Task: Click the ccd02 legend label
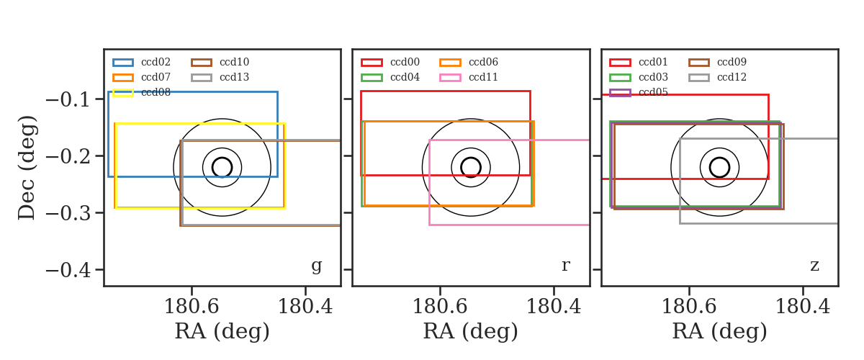(x=156, y=62)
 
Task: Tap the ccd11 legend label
(x=483, y=77)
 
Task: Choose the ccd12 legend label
(x=732, y=77)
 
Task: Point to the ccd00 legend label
(x=405, y=62)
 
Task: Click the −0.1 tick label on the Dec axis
(x=68, y=99)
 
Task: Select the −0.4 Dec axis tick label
(x=68, y=270)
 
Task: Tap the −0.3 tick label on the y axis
(x=68, y=213)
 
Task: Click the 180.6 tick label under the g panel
(x=192, y=307)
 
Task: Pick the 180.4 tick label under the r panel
(x=554, y=307)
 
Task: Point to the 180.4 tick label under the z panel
(x=803, y=307)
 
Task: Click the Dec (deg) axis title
(x=27, y=168)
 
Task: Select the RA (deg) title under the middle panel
(x=471, y=332)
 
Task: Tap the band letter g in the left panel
(x=316, y=266)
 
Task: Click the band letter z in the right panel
(x=814, y=266)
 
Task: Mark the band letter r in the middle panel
(x=565, y=266)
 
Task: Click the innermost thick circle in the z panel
(x=719, y=158)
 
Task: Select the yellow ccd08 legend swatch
(x=123, y=93)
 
